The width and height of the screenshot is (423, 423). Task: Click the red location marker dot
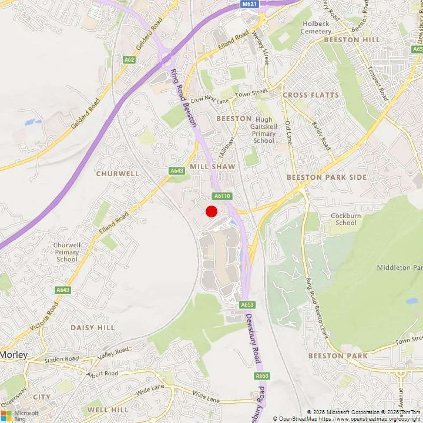tap(211, 211)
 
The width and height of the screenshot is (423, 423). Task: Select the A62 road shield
tap(129, 60)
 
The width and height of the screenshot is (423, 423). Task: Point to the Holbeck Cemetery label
tap(315, 27)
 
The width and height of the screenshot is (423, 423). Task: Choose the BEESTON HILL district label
tap(352, 40)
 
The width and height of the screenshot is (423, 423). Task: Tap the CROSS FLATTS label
tap(311, 95)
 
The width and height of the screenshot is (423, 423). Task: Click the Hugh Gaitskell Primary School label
tap(263, 130)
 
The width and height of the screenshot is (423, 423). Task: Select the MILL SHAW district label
tap(213, 166)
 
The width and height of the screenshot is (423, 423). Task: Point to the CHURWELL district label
tap(117, 174)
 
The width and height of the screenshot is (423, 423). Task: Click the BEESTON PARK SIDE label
tap(327, 177)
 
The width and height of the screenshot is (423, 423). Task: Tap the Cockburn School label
tap(345, 219)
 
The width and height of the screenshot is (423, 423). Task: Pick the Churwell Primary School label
tap(67, 252)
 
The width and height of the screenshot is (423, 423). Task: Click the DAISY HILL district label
tap(93, 328)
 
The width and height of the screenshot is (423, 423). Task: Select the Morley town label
tap(14, 355)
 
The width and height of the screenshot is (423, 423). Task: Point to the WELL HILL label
tap(108, 410)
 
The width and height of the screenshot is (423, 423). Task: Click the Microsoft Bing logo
tap(19, 416)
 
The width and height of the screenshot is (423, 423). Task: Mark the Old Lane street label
tap(288, 133)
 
